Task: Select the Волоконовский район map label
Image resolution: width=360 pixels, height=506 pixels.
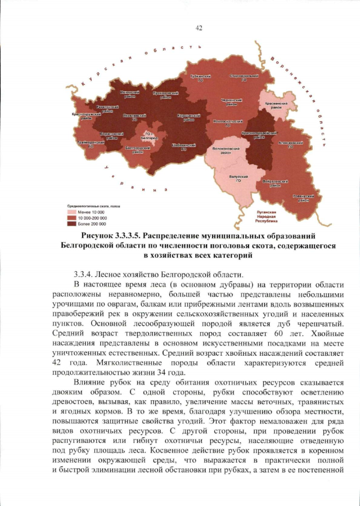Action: point(226,151)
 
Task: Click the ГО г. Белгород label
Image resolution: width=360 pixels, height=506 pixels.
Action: point(149,135)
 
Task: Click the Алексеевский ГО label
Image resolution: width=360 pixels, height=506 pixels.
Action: point(291,145)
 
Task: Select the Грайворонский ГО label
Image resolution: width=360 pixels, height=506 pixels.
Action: point(91,144)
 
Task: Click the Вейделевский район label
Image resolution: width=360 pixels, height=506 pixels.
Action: point(276,183)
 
